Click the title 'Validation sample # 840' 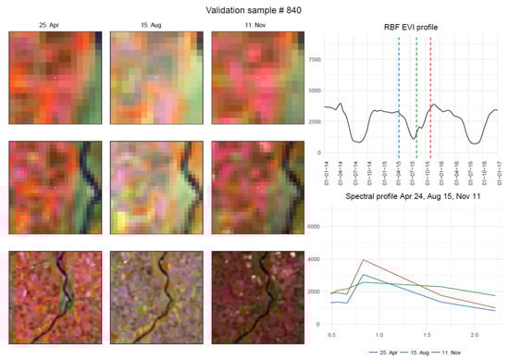coord(254,9)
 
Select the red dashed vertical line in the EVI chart coord(431,93)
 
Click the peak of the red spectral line coord(364,259)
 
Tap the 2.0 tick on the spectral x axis coord(473,333)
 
